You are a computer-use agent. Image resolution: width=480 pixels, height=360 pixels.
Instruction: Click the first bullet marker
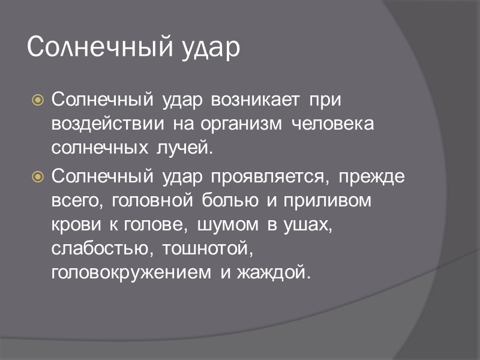point(38,100)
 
